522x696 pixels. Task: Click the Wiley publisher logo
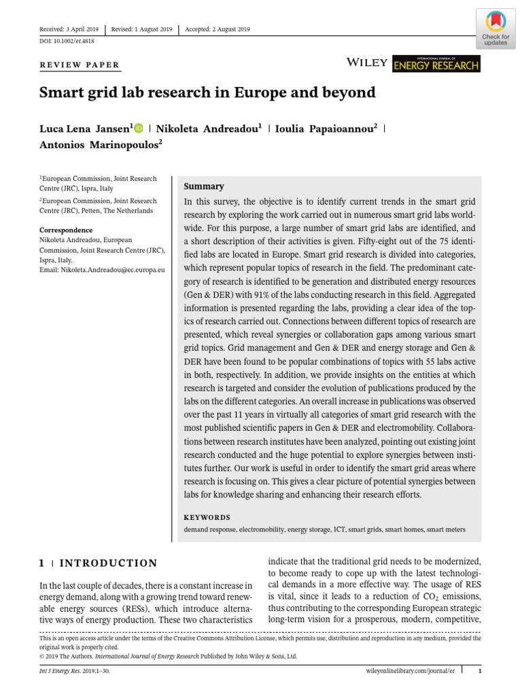[x=367, y=63]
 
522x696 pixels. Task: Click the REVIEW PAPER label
[x=80, y=66]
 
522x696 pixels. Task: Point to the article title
[x=207, y=92]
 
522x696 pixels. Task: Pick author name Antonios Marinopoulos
[x=101, y=144]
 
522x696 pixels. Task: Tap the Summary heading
[x=204, y=186]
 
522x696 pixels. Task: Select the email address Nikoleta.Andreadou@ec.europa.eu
[x=102, y=270]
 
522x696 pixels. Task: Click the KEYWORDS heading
[x=207, y=517]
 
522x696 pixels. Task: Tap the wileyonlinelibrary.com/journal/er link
[x=405, y=672]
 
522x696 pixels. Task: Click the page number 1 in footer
[x=479, y=672]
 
